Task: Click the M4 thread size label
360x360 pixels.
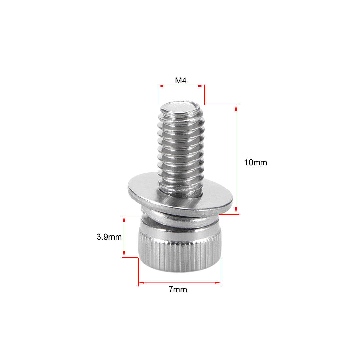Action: pos(181,81)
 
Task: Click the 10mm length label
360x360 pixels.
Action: pos(256,162)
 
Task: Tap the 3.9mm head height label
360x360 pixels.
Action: pos(109,237)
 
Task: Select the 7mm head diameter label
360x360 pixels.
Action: pos(178,289)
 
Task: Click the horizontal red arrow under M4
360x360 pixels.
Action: pos(181,86)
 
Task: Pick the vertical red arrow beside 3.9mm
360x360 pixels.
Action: pos(124,236)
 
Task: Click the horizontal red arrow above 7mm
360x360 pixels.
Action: pos(179,282)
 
